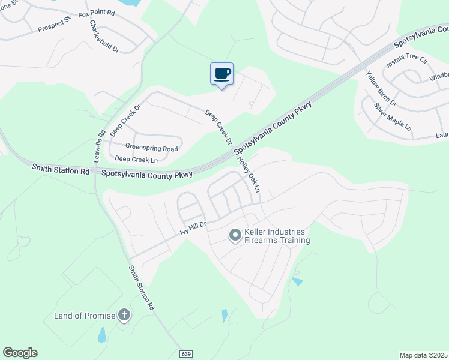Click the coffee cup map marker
coord(221,74)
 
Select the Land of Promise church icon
coord(124,315)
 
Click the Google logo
coord(20,353)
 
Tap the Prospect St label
coord(54,25)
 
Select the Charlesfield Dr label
coord(104,36)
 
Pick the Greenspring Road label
coord(151,148)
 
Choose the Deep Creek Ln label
coord(136,159)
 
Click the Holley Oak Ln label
coord(250,175)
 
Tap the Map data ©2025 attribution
coord(423,355)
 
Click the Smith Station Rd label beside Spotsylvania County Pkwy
coord(61,171)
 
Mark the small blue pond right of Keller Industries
coord(297,281)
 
